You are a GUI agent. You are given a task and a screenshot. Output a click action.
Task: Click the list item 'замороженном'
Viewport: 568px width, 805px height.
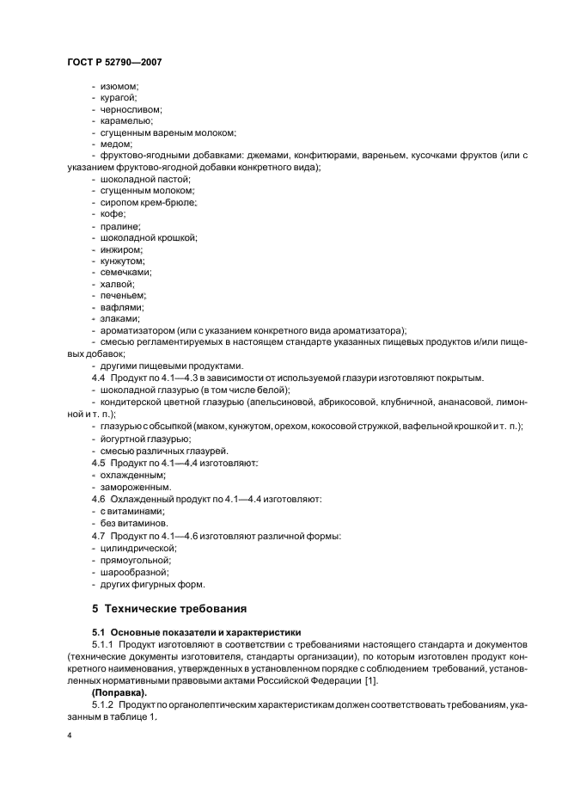point(130,486)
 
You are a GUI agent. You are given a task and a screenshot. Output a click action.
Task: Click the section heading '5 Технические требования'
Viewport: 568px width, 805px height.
point(169,609)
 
